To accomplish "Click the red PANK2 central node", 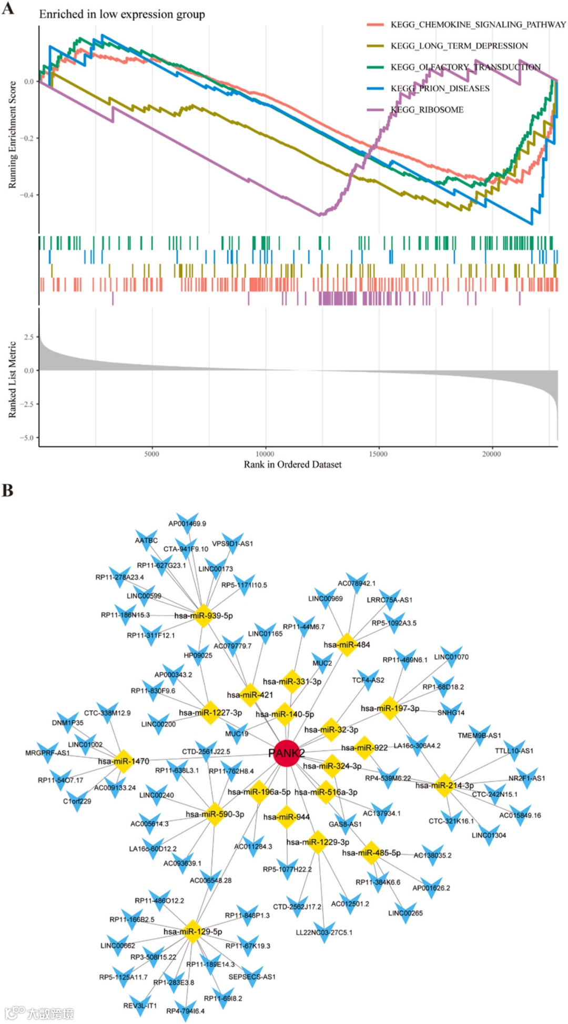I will click(x=286, y=754).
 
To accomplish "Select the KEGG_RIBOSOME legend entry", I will click(x=427, y=110).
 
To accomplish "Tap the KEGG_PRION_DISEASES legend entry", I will click(x=440, y=88).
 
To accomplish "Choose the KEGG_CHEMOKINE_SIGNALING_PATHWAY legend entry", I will click(x=478, y=25).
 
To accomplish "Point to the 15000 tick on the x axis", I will click(x=378, y=454).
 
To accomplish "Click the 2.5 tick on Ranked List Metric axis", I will click(x=28, y=337).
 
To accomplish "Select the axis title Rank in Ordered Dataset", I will click(x=292, y=464).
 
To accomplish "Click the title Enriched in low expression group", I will click(x=122, y=14).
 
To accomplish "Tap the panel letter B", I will click(x=7, y=490).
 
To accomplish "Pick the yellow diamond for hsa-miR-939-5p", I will click(x=203, y=615).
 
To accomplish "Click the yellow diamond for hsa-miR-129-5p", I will click(x=192, y=931).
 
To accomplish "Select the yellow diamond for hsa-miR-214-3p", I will click(x=444, y=785).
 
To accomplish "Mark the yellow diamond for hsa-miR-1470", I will click(x=123, y=761).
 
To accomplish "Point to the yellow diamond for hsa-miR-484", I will click(x=347, y=644).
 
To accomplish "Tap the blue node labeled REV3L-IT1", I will click(x=140, y=1003).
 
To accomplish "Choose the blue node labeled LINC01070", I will click(x=450, y=655).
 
